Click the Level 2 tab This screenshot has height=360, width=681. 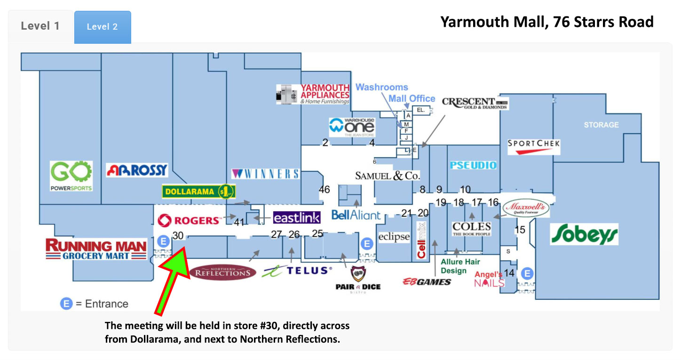tap(102, 27)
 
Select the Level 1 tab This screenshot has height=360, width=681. tap(40, 26)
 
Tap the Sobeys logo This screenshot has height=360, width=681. tap(584, 234)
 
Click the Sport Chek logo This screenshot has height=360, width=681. tap(534, 146)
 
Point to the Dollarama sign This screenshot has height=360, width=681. tap(198, 192)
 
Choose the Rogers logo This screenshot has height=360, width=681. tap(189, 220)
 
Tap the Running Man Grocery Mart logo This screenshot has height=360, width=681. tap(96, 249)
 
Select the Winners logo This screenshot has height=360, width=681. tap(266, 174)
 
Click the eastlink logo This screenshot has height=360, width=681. tap(297, 217)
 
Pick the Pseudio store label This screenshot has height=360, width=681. tap(473, 165)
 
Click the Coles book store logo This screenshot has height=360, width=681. tap(471, 229)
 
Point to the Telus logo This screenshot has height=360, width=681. tap(297, 271)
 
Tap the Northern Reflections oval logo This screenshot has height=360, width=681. tap(223, 272)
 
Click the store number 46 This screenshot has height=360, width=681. tap(324, 190)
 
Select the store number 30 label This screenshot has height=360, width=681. tap(178, 236)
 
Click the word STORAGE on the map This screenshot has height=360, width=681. tap(601, 125)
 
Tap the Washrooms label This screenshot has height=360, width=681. tap(381, 87)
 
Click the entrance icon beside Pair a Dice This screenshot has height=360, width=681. tap(367, 243)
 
